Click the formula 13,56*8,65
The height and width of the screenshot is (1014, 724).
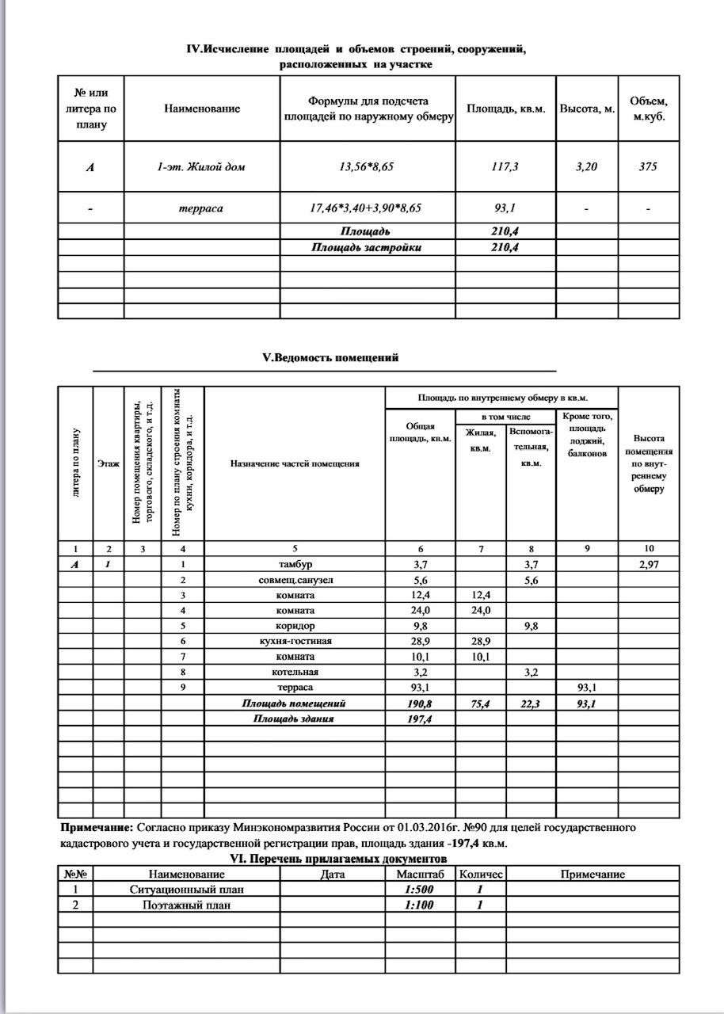[x=368, y=166]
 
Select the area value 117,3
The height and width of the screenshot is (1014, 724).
[x=505, y=166]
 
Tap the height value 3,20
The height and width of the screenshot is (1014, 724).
[x=587, y=166]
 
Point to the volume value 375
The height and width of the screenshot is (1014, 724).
[x=648, y=166]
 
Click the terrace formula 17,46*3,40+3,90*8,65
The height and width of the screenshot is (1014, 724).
[x=368, y=208]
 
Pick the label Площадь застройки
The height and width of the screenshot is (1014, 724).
[x=366, y=247]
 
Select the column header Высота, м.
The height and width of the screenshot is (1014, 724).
[x=587, y=109]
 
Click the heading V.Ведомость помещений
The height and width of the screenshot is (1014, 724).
[x=330, y=357]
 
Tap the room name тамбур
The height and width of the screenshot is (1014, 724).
[x=295, y=564]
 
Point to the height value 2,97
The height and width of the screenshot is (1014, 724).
[x=649, y=564]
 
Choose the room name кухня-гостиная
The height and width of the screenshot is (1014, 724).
[x=295, y=641]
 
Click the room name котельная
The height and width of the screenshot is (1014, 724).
[x=295, y=672]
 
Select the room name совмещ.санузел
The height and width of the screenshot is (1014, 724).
[x=295, y=580]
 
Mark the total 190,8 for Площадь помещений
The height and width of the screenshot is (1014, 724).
[x=420, y=703]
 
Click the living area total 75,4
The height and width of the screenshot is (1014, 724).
[x=480, y=703]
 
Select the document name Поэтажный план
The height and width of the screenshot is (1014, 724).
[x=187, y=905]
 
